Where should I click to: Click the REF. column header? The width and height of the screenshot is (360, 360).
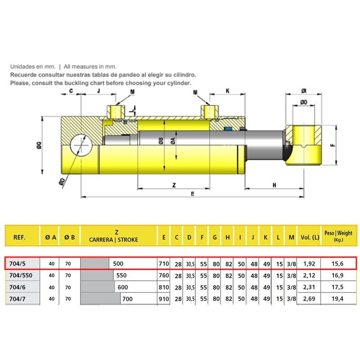pos(19,237)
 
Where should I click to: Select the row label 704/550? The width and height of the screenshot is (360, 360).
pos(21,275)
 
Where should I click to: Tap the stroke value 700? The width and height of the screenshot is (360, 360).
pos(127,299)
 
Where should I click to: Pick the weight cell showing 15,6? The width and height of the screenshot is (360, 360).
pos(337,264)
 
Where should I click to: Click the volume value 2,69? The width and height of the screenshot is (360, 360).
pos(309,299)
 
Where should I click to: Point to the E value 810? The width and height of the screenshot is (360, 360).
pos(164,287)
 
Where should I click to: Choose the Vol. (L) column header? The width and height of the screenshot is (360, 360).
pos(310,237)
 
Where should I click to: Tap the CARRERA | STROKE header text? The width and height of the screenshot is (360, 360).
pos(113,240)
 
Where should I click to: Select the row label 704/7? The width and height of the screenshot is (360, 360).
pos(17,299)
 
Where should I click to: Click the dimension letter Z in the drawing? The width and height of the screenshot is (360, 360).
pos(174,185)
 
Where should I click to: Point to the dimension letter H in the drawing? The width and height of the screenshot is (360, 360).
pos(274,185)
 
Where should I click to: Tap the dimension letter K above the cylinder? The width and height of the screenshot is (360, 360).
pos(228,91)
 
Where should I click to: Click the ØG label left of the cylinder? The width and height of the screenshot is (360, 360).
pos(39,145)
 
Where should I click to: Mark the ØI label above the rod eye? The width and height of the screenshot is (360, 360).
pos(304,91)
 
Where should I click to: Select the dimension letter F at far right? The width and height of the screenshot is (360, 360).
pos(333,145)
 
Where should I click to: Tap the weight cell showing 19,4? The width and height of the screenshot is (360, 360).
pos(337,299)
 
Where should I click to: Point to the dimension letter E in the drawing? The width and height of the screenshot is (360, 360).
pos(193,194)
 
